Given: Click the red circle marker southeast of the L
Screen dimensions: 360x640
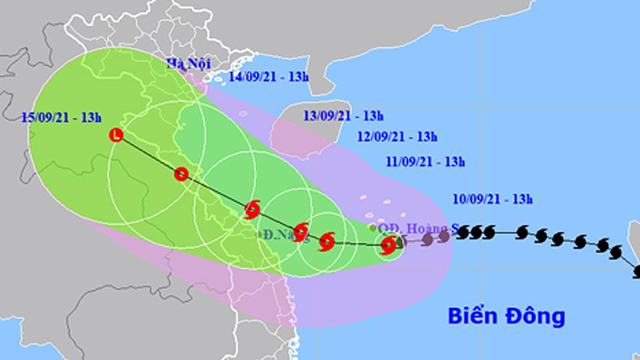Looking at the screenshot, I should click(x=181, y=175).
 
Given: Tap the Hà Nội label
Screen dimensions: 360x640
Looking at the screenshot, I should click(x=188, y=63).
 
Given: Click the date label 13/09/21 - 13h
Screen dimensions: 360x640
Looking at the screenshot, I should click(x=343, y=116).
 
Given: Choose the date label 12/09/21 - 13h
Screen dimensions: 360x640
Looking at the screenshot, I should click(x=397, y=137).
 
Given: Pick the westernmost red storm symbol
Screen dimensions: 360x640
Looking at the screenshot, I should click(x=252, y=210).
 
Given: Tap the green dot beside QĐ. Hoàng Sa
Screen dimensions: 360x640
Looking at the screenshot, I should click(x=371, y=227).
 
